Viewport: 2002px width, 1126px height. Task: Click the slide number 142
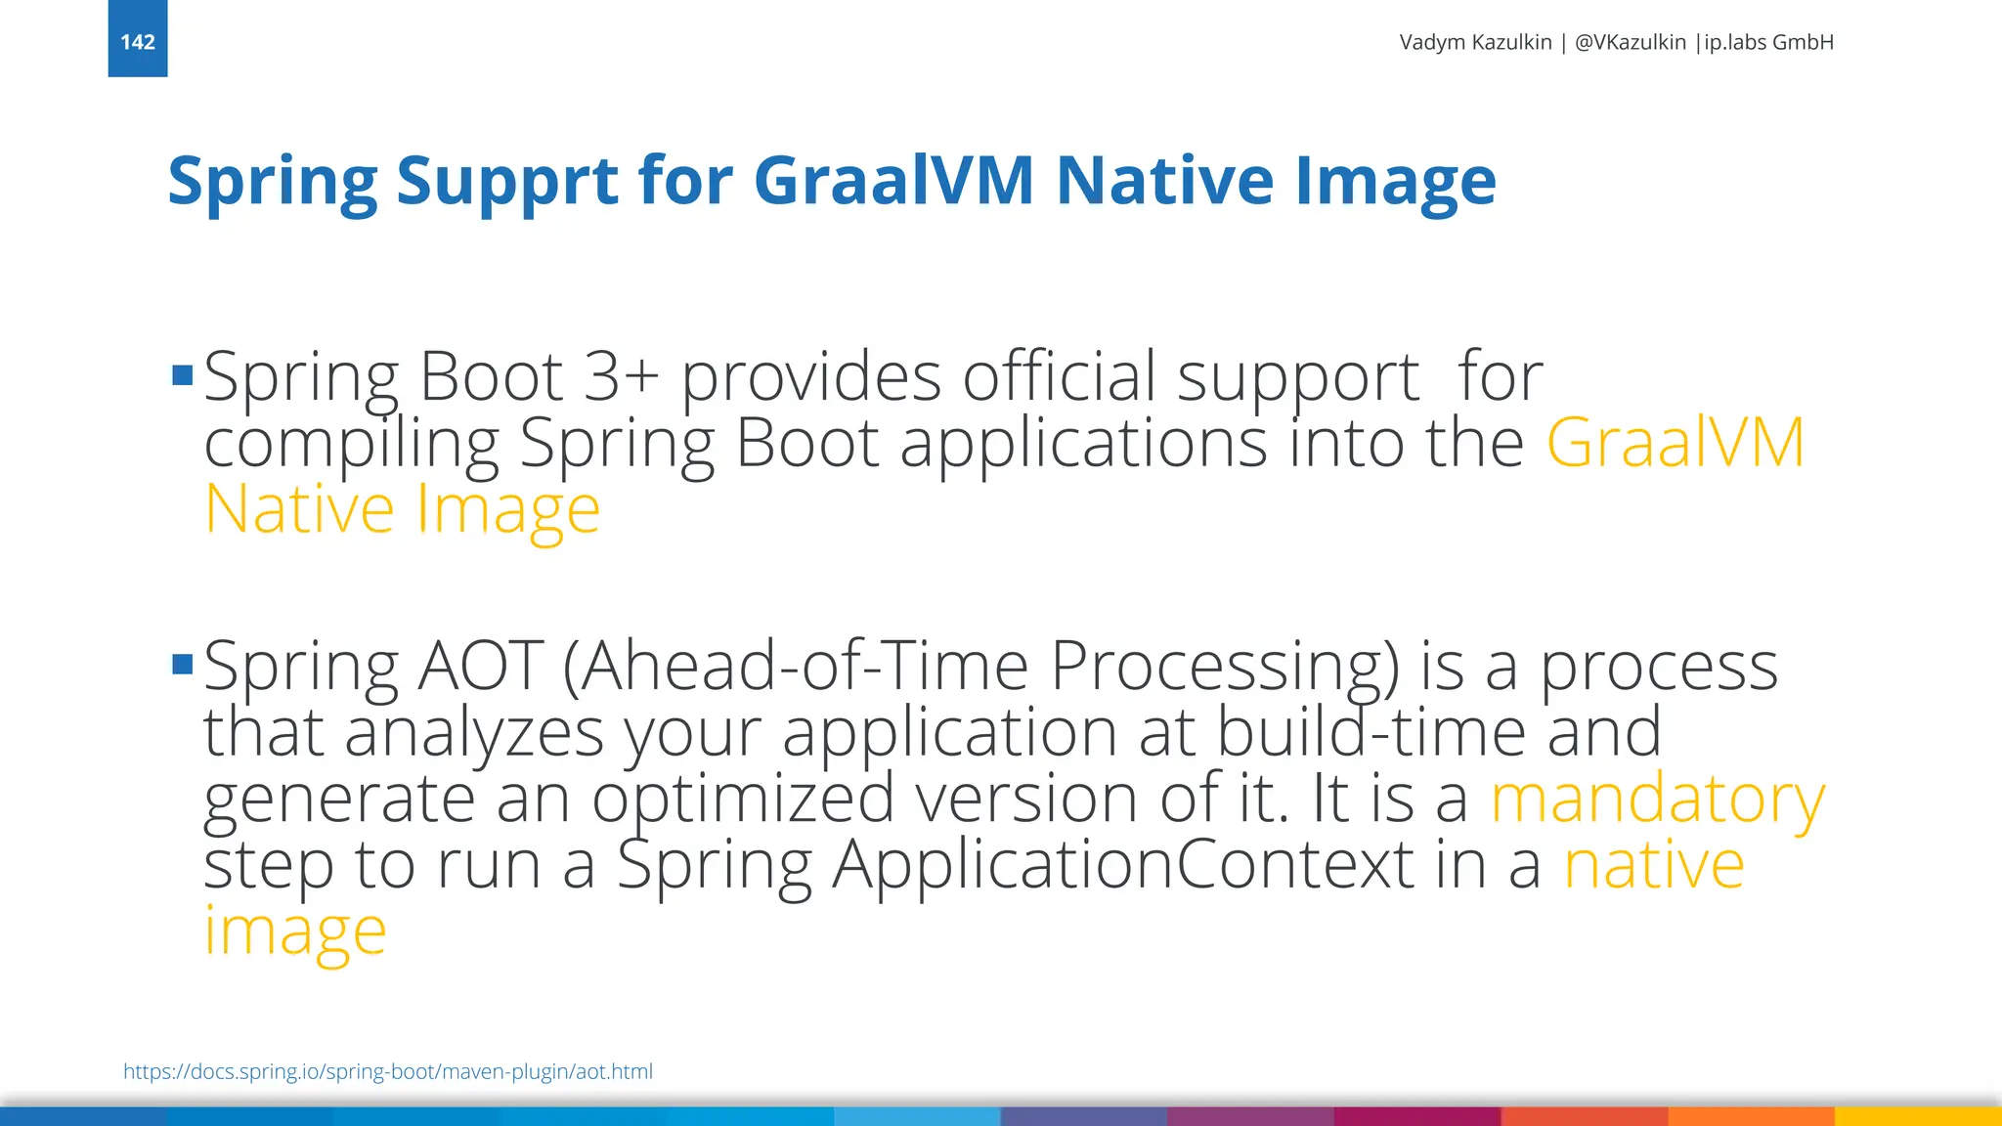138,42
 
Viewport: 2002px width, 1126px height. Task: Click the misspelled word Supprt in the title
507,181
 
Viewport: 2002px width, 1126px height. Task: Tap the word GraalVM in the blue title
893,181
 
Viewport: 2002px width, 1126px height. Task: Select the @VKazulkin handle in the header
1630,42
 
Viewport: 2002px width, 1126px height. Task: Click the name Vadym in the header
1432,42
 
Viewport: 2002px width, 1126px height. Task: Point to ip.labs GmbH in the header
1768,42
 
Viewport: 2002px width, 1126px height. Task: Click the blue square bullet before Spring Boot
182,375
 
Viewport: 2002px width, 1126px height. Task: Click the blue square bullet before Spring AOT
182,665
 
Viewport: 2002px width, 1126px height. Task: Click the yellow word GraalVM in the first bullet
1675,443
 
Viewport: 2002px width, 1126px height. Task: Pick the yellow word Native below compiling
299,509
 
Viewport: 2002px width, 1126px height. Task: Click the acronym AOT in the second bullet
480,666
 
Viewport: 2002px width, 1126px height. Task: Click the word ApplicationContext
1122,865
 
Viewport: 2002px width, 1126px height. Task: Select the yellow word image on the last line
295,931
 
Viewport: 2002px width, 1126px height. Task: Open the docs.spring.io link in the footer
388,1071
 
